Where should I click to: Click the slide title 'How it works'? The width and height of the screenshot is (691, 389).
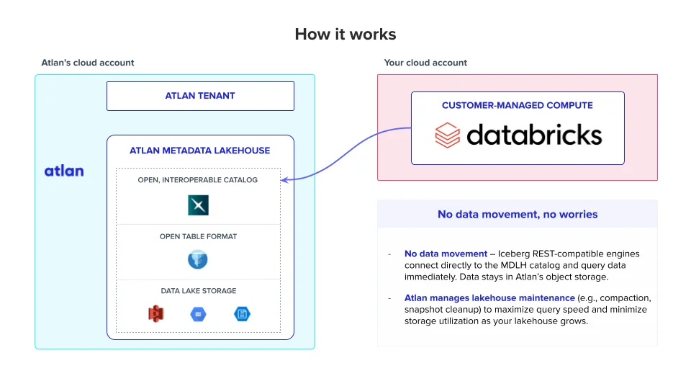[x=345, y=35]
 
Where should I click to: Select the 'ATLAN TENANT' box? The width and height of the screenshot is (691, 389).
[x=200, y=96]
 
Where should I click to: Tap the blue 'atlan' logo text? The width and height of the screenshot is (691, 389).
[x=64, y=171]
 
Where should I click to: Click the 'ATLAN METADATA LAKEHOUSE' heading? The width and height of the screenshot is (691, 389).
[x=200, y=151]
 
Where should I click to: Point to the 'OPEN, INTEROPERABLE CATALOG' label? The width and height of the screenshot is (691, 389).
[x=198, y=180]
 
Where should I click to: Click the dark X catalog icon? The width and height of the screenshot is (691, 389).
[x=198, y=205]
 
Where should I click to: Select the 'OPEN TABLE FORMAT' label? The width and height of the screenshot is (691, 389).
[x=198, y=236]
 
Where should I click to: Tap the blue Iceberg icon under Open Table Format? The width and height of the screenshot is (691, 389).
[x=198, y=259]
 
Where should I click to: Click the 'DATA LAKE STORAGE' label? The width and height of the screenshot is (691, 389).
[x=198, y=291]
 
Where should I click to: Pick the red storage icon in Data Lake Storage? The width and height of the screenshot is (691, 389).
[x=156, y=314]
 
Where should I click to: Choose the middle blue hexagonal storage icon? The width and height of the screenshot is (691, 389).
[x=198, y=314]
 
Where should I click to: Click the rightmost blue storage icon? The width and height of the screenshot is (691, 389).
[x=241, y=314]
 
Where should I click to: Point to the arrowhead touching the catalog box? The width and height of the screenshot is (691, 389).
[x=284, y=179]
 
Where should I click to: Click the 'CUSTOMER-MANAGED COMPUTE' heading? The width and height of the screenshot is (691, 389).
[x=518, y=105]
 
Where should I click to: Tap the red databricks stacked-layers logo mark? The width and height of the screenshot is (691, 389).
[x=447, y=135]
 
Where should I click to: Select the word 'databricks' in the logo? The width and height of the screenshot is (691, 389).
[x=534, y=135]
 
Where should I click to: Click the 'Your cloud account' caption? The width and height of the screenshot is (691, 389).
[x=425, y=63]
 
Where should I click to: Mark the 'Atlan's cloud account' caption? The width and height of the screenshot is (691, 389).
[x=88, y=63]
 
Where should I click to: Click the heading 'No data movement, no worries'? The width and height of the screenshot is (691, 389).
[x=518, y=214]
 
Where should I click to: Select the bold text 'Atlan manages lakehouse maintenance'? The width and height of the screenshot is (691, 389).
[x=489, y=298]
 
